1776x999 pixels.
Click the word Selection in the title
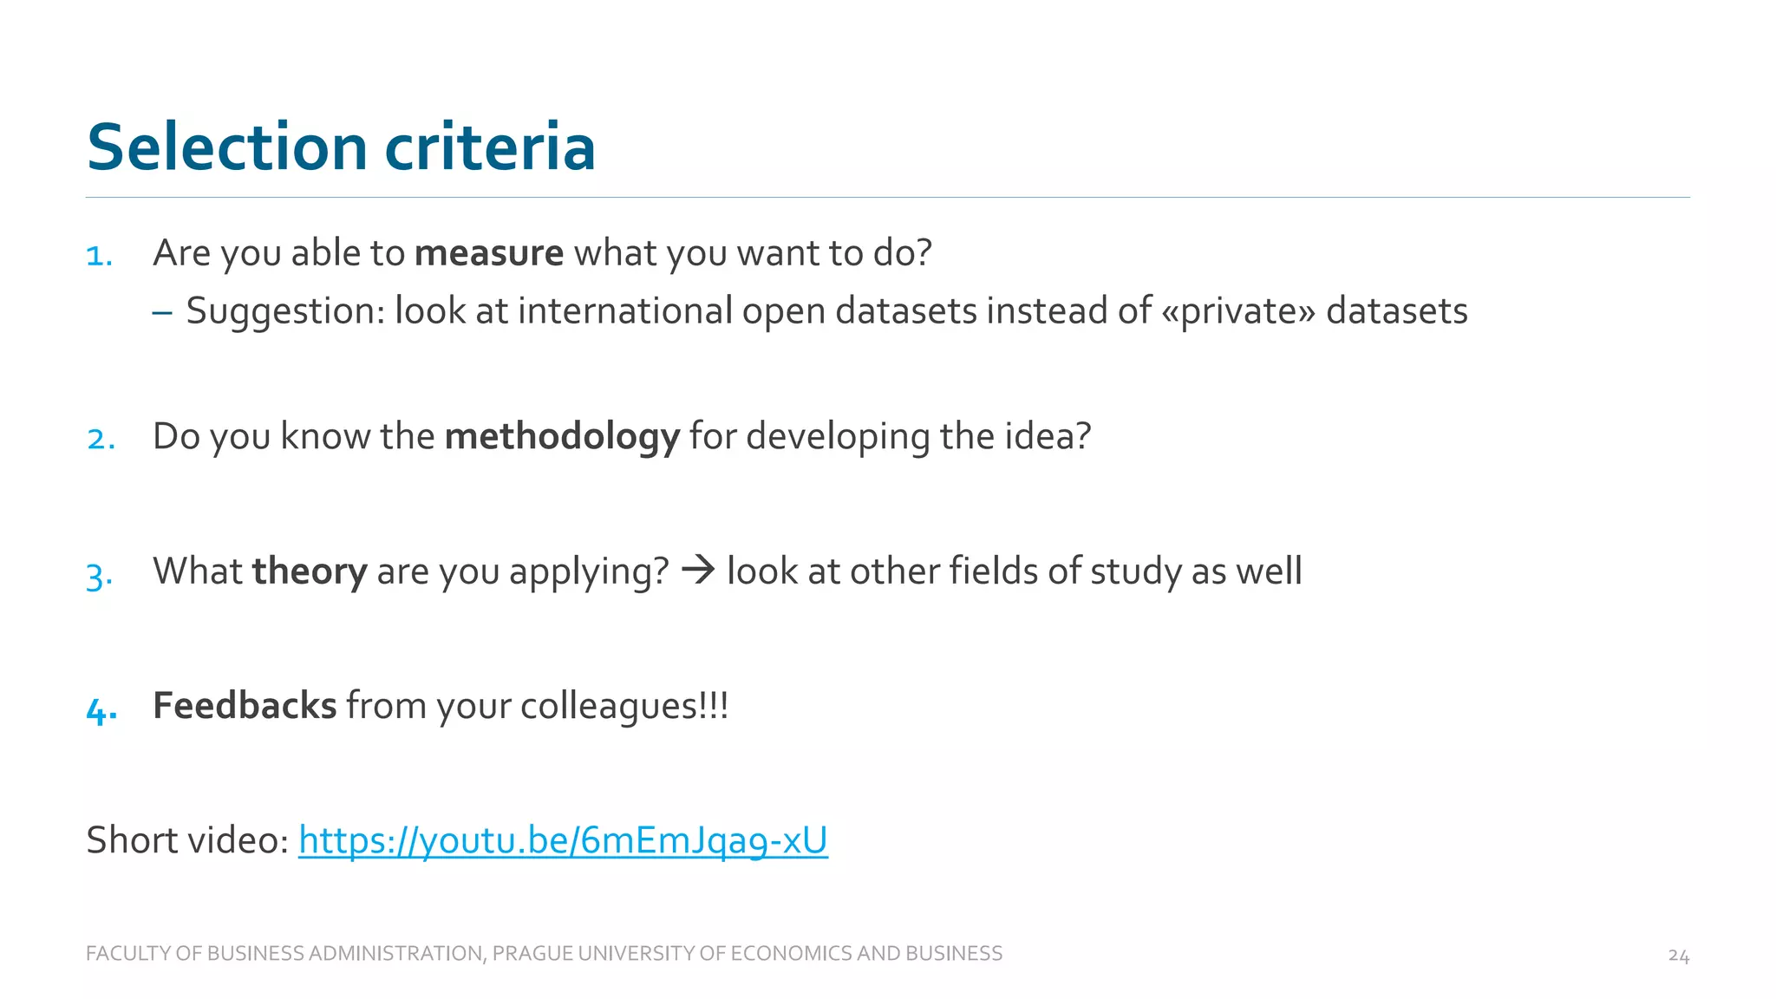[227, 147]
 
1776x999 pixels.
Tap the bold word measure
[489, 253]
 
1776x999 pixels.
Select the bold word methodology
[562, 436]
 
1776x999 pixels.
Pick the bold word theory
[310, 571]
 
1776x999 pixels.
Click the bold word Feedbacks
[245, 706]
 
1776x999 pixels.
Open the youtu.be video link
[563, 840]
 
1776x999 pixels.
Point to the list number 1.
[100, 257]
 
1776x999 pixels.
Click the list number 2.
[101, 440]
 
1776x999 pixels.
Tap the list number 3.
[100, 575]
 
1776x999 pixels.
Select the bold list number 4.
[101, 711]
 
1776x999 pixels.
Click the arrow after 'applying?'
[698, 571]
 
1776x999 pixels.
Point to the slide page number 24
[1678, 956]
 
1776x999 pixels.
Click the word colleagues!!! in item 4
[624, 706]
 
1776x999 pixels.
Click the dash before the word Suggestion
[162, 311]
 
